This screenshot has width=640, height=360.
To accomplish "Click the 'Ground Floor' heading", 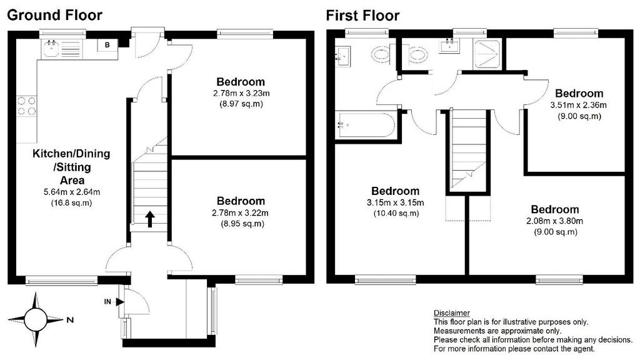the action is tap(55, 15).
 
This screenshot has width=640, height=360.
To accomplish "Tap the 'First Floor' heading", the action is tap(362, 16).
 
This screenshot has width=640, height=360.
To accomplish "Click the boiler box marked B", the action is tap(107, 45).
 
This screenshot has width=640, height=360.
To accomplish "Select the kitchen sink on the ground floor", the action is tap(51, 49).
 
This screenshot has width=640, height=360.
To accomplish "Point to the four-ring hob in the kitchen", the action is tap(26, 106).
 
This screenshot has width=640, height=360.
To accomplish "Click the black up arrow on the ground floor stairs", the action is tap(150, 219).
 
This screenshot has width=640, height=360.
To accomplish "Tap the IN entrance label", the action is tap(107, 302).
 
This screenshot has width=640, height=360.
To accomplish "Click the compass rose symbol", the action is tap(36, 319).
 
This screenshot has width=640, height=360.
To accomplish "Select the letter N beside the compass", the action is tap(70, 320).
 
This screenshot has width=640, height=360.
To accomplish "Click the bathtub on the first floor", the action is tap(365, 125).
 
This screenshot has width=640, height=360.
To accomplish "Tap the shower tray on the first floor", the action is tap(487, 54).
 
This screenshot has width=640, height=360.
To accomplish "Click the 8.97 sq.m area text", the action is tap(241, 104).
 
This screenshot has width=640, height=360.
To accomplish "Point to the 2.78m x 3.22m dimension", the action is tap(240, 212).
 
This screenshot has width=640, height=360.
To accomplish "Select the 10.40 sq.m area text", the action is tap(396, 213).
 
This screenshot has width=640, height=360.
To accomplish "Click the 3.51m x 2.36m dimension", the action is tap(578, 105).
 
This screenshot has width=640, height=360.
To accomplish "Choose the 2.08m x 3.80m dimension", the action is tap(555, 221).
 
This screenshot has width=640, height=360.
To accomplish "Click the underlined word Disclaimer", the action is tap(451, 313).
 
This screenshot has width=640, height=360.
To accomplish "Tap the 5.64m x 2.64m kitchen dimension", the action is tap(72, 191).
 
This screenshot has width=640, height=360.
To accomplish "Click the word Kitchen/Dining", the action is tap(71, 154).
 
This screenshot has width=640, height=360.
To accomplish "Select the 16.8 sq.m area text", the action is tap(71, 202).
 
